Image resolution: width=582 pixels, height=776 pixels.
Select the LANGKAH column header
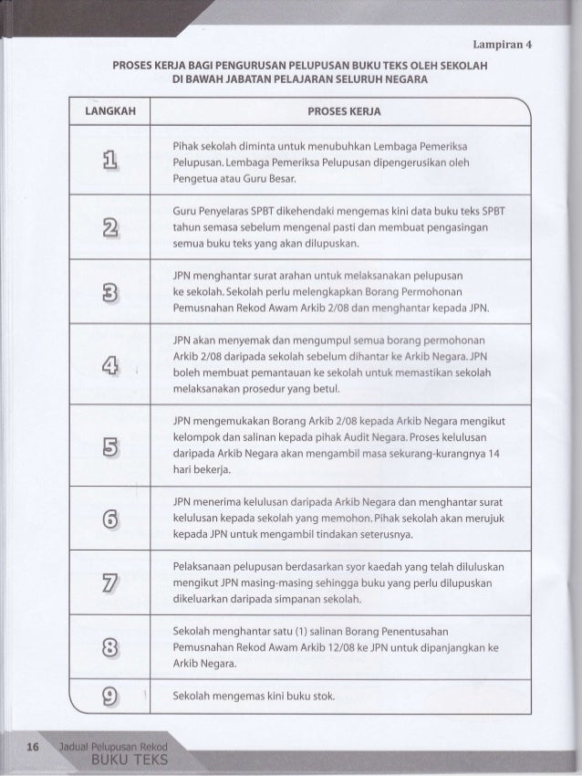point(111,110)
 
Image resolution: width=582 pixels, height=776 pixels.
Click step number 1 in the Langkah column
point(111,163)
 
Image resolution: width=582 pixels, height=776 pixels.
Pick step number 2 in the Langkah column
point(111,228)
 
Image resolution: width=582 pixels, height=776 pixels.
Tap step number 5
point(111,448)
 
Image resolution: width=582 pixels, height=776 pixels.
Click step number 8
point(111,649)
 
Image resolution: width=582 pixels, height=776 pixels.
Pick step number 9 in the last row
point(111,700)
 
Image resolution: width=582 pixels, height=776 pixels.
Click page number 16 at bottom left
point(33,746)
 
